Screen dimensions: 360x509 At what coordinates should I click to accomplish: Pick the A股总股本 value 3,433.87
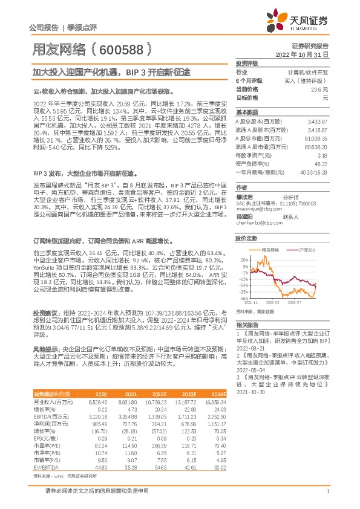[x=317, y=122]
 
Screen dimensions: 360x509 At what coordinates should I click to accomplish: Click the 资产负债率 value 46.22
[x=321, y=163]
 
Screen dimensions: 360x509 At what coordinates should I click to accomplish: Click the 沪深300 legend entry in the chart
[x=306, y=249]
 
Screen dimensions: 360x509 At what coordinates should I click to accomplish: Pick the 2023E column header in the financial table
[x=189, y=394]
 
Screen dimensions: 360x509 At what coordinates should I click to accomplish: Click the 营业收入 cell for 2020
[x=97, y=401]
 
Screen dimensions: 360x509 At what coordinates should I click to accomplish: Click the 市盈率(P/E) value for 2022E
[x=157, y=446]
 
